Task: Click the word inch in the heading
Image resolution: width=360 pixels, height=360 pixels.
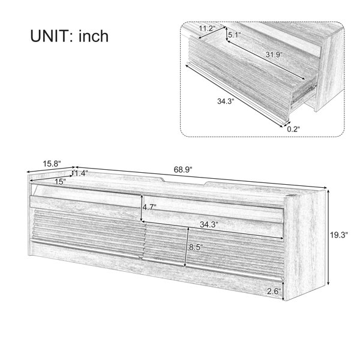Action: click(94, 36)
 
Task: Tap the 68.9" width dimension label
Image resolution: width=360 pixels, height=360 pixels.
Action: click(183, 170)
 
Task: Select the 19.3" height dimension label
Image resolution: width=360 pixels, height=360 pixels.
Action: click(339, 235)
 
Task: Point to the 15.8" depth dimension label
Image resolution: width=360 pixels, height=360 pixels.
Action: click(52, 164)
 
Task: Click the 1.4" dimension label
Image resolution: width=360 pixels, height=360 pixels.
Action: click(81, 173)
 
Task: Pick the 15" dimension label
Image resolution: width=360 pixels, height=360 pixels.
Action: click(60, 182)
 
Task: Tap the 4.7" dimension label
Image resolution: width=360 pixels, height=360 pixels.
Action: click(149, 208)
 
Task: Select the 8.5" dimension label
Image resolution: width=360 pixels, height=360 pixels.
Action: click(196, 247)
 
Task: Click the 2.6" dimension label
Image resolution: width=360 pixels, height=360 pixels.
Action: click(274, 292)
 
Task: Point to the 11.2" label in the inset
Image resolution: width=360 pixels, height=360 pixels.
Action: click(207, 29)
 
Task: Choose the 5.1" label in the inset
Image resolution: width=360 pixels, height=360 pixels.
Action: click(234, 35)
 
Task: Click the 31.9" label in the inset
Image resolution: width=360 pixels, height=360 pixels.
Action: click(274, 55)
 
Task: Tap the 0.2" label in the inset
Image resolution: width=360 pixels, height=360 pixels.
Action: click(293, 129)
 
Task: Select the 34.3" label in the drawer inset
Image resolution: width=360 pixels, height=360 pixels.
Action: click(226, 101)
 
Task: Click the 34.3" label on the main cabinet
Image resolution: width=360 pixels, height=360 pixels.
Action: click(209, 224)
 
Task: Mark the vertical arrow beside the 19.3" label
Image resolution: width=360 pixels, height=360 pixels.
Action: click(329, 237)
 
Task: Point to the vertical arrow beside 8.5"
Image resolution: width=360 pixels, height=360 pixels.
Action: click(187, 247)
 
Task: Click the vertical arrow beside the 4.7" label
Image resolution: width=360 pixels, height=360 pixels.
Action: click(142, 208)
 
